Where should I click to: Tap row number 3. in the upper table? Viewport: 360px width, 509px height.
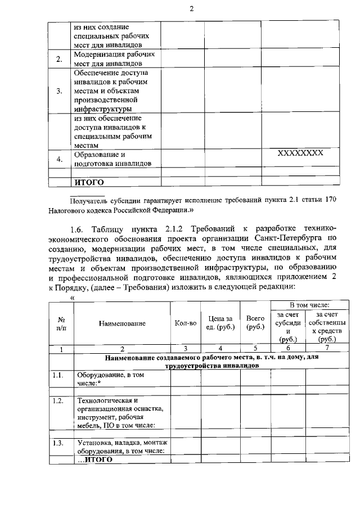coord(59,91)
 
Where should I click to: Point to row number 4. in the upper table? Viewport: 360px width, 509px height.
coord(59,159)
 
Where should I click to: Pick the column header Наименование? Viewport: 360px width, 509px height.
coord(122,323)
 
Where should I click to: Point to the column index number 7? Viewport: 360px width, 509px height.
coord(327,349)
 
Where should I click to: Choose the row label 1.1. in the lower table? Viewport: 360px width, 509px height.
coord(57,374)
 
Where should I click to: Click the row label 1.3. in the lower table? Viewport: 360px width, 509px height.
coord(57,443)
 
